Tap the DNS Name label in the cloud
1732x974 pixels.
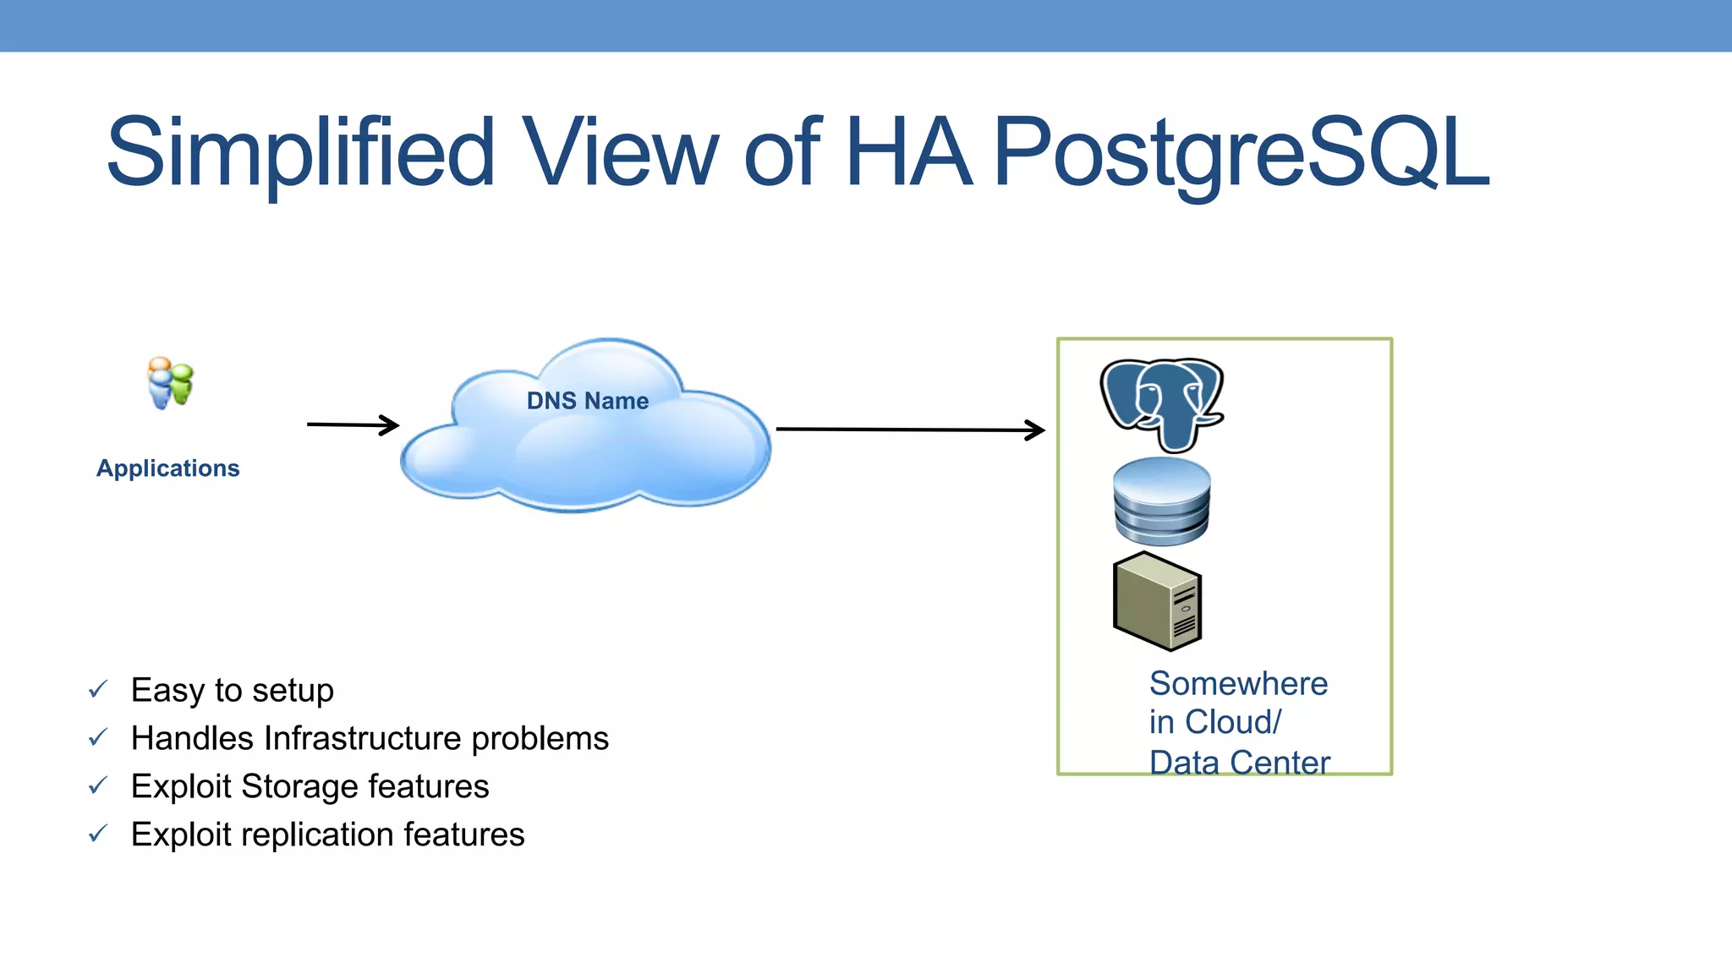(x=588, y=401)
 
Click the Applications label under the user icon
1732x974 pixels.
(x=167, y=468)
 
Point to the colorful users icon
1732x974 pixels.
(x=171, y=383)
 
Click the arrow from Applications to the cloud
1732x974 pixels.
(x=353, y=424)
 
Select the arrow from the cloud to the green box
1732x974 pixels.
(x=910, y=430)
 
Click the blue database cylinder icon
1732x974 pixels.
(x=1161, y=501)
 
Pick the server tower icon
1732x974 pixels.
(x=1157, y=601)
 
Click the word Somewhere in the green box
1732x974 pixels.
(x=1238, y=683)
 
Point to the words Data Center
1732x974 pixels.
(x=1239, y=762)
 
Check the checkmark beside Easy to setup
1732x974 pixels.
(x=98, y=690)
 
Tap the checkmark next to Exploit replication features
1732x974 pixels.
(x=98, y=834)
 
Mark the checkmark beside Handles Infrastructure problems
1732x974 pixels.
(x=98, y=738)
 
